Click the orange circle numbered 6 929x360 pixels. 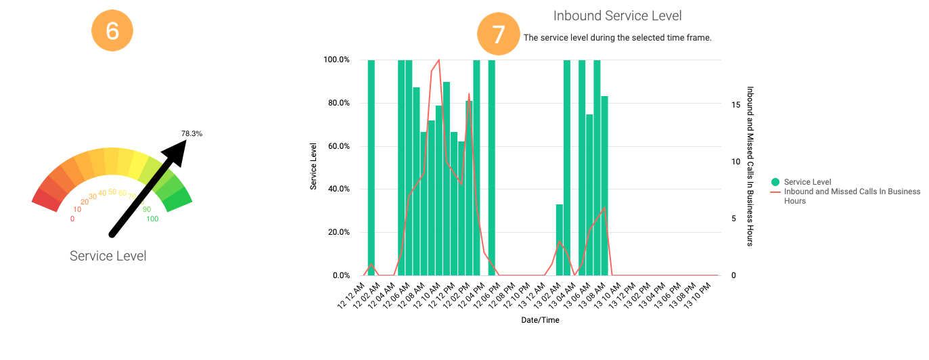click(112, 32)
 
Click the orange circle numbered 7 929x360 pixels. click(498, 35)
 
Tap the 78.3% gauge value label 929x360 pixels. click(191, 133)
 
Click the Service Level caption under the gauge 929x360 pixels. click(108, 256)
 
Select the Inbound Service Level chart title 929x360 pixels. click(617, 16)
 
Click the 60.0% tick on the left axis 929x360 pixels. click(336, 146)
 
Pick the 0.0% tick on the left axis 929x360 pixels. click(338, 275)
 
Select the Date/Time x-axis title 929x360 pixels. click(540, 320)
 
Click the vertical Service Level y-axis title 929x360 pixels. click(314, 166)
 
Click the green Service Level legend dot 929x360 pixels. click(775, 182)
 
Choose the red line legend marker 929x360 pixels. click(775, 192)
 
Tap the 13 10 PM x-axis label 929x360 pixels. click(698, 298)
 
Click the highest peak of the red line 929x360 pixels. click(439, 60)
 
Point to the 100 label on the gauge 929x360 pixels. click(152, 219)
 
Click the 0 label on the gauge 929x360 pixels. click(72, 219)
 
